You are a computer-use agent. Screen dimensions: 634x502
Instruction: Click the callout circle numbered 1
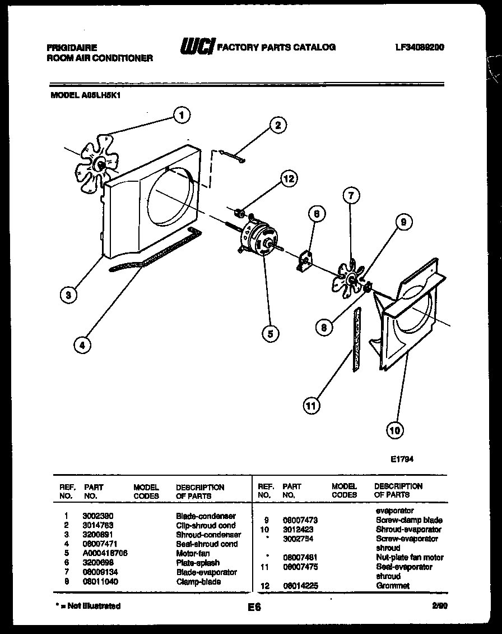[x=180, y=115]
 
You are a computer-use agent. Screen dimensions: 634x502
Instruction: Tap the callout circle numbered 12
[x=288, y=180]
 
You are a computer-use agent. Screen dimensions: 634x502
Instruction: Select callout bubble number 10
[x=395, y=430]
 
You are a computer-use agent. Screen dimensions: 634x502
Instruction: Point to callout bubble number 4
[x=82, y=346]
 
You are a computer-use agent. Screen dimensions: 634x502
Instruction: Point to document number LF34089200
[x=419, y=48]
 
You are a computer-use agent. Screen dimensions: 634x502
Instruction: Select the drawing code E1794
[x=402, y=458]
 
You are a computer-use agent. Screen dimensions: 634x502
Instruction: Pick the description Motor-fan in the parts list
[x=193, y=553]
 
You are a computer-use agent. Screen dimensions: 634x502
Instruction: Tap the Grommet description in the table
[x=392, y=586]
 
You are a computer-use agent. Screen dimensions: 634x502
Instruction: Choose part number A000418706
[x=105, y=553]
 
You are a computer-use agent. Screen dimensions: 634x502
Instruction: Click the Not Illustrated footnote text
[x=88, y=606]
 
